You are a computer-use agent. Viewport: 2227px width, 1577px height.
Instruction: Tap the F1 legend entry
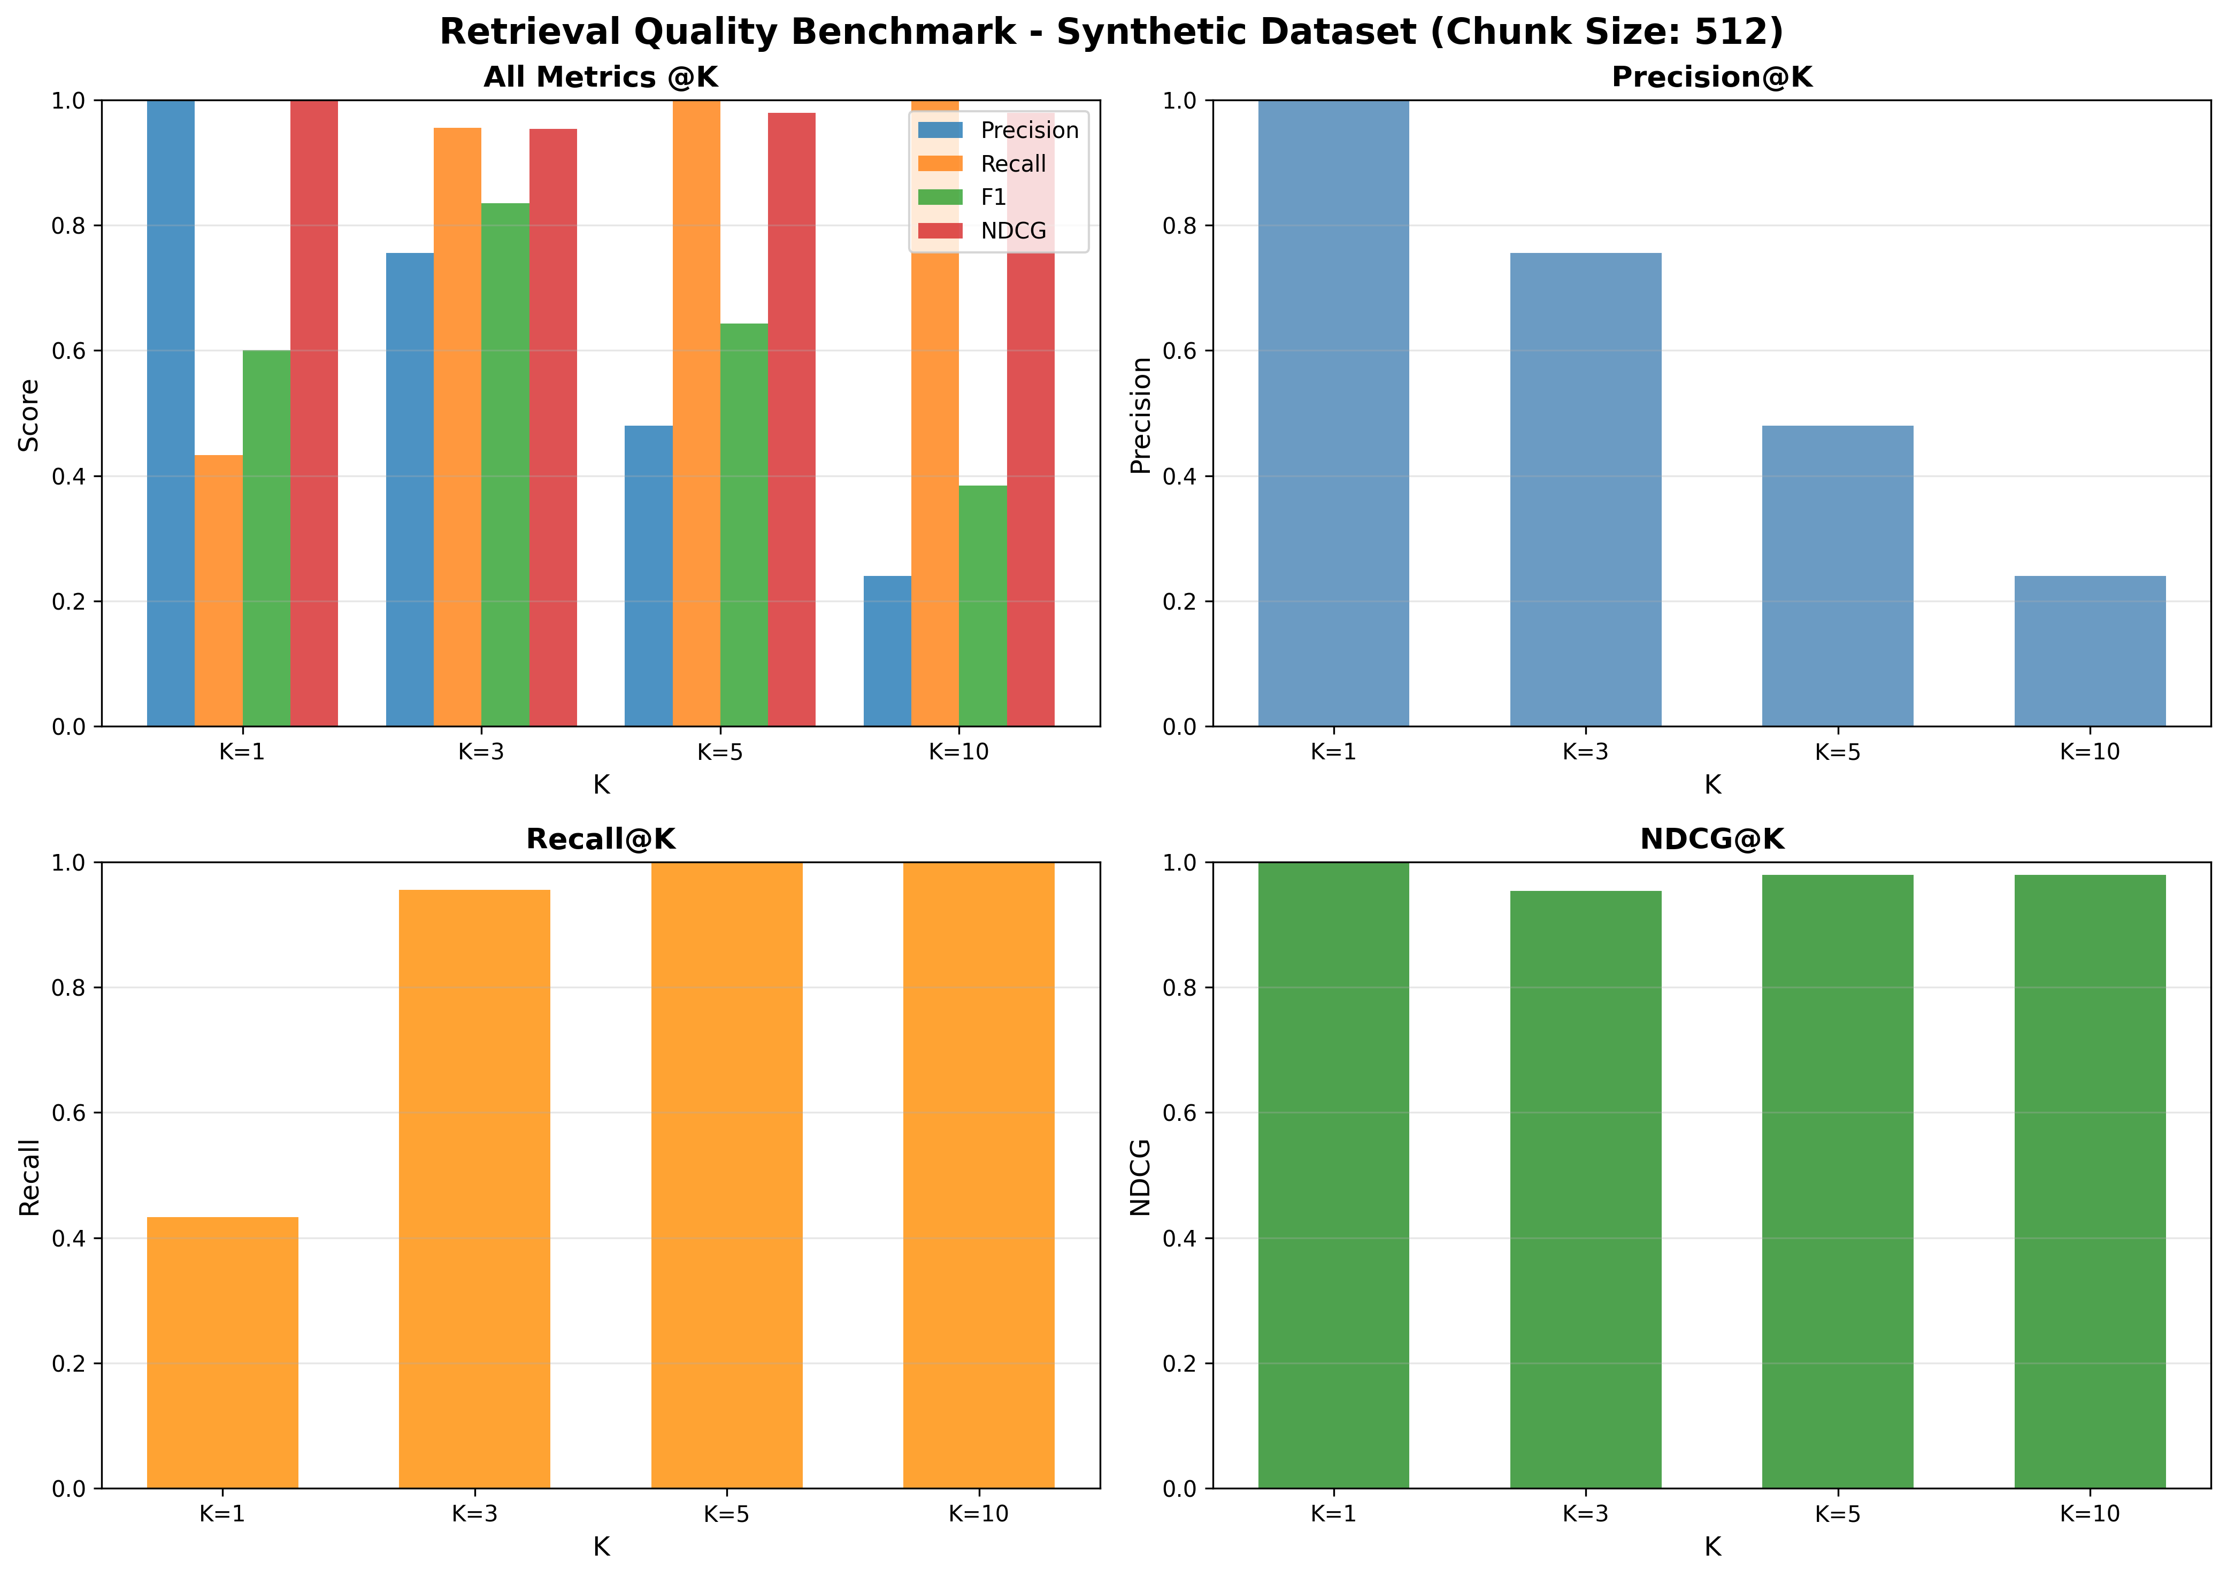tap(993, 197)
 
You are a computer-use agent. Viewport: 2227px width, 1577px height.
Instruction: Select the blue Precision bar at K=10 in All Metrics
tap(887, 651)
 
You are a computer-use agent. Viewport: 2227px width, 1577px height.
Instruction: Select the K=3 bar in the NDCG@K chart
tap(1585, 1189)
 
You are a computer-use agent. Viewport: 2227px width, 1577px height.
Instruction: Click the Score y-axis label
tap(30, 414)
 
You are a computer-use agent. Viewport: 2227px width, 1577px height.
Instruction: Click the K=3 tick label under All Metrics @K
tap(481, 751)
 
